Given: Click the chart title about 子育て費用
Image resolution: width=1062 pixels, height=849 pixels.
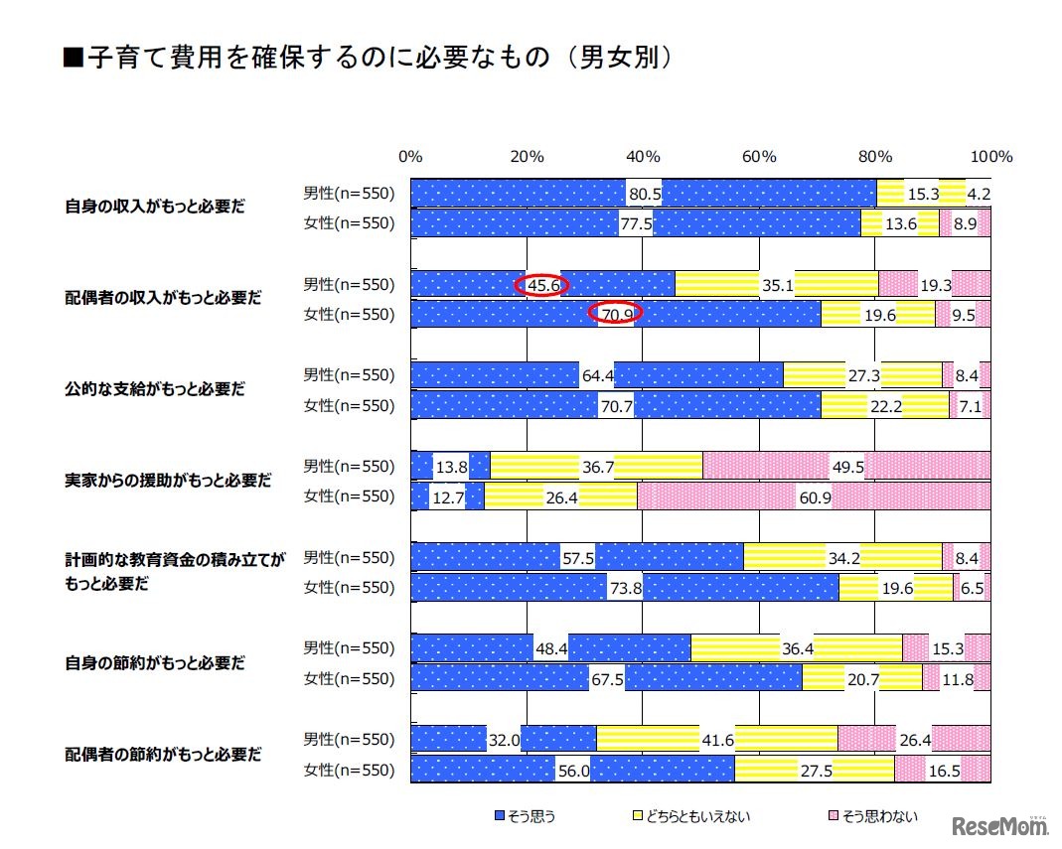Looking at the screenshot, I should pos(369,59).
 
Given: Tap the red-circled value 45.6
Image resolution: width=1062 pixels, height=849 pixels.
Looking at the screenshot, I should pos(541,285).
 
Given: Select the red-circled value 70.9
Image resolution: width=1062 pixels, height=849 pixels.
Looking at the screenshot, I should pos(616,314).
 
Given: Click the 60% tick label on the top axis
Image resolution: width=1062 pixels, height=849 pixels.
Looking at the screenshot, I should pos(759,156).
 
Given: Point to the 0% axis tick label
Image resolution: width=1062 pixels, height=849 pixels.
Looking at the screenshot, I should pos(409,156).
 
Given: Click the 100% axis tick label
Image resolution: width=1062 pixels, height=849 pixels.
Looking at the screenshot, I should pos(990,156).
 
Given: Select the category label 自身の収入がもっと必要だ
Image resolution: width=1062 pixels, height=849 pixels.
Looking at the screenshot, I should pos(154,208).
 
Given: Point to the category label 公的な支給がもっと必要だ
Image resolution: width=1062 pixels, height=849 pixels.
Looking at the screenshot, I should pos(154,389).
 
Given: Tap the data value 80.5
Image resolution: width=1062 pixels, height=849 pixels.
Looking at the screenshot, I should pos(644,193).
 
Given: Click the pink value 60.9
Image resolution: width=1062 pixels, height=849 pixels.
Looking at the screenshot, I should pos(815,496).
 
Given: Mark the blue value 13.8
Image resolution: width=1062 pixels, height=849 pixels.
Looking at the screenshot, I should pos(451,466).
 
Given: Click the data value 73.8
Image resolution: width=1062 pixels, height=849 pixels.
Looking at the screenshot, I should pos(624,588).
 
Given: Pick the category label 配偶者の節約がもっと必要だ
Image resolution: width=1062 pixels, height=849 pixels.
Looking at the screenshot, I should pos(163,754).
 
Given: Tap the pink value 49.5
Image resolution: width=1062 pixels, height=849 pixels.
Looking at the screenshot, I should pos(846,466).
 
